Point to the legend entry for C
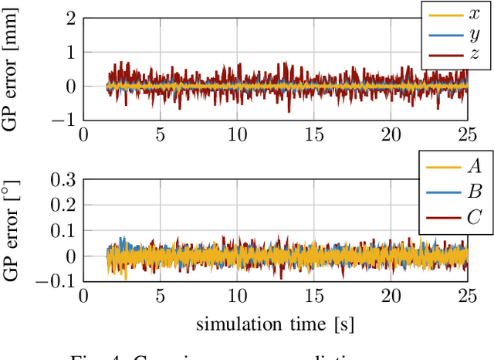pos(455,216)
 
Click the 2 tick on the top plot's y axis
pos(70,18)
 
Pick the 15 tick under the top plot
pos(315,135)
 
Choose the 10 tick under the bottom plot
pos(238,297)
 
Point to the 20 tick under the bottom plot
pos(392,297)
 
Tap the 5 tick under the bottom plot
pos(161,297)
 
